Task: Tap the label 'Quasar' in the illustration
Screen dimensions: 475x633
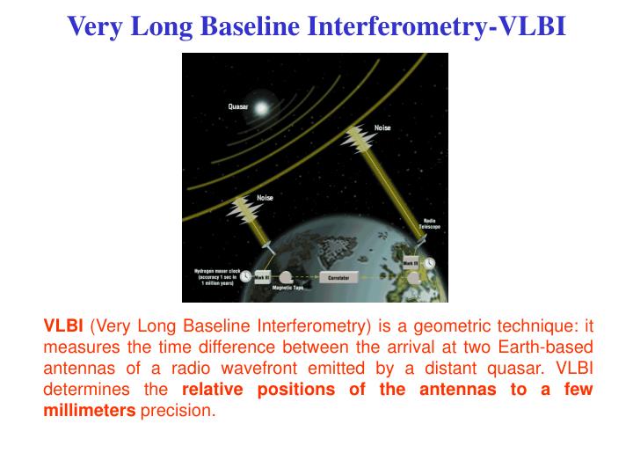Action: tap(238, 106)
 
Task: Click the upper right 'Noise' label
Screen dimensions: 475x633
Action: tap(382, 128)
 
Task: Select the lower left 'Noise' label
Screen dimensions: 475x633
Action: tap(265, 198)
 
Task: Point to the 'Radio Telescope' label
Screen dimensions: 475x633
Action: tap(432, 223)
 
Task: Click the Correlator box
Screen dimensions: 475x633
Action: tap(338, 277)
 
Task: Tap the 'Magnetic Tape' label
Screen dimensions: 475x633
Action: tap(288, 288)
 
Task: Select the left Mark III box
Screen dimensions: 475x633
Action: tap(262, 277)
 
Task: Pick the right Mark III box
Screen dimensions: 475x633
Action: tap(411, 263)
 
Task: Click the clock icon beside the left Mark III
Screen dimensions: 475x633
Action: tap(245, 276)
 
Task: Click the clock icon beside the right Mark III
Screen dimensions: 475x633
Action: tap(428, 263)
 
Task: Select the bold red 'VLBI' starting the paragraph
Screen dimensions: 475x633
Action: tap(63, 326)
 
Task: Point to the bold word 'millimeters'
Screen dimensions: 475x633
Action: tap(90, 411)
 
